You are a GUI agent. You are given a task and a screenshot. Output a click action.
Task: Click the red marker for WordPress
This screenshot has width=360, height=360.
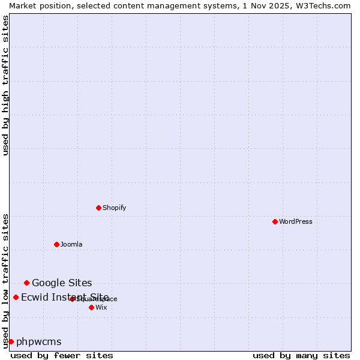(x=275, y=221)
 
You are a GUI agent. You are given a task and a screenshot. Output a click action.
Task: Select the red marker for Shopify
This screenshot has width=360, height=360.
(x=98, y=208)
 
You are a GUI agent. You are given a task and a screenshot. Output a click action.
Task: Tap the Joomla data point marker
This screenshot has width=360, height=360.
(x=56, y=244)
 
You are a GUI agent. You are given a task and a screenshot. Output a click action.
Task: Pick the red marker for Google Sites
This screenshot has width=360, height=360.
(x=26, y=283)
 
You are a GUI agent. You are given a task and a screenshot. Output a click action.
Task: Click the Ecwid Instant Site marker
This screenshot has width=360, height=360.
(x=16, y=297)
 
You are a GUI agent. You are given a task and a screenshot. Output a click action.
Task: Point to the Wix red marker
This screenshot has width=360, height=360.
(x=91, y=307)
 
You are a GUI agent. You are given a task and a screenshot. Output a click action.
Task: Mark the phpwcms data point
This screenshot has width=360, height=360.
(x=11, y=341)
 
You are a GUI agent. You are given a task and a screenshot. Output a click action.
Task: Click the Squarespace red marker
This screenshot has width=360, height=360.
(x=72, y=299)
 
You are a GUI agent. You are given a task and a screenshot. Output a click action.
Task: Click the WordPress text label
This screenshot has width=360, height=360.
(x=295, y=221)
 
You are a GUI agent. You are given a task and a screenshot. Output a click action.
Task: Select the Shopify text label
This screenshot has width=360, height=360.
(x=114, y=208)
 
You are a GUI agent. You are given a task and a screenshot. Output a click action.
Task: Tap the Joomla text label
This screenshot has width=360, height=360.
(x=71, y=244)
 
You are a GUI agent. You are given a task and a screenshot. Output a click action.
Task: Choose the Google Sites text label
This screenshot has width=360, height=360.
(x=62, y=283)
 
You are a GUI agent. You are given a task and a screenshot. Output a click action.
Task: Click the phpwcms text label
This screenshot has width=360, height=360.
(x=38, y=341)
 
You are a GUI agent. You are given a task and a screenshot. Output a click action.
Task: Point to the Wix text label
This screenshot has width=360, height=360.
(x=101, y=307)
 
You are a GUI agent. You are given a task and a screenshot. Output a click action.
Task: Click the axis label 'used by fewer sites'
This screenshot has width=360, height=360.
(x=62, y=355)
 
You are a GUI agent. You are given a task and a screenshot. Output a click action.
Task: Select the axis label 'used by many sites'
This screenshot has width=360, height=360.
(x=301, y=355)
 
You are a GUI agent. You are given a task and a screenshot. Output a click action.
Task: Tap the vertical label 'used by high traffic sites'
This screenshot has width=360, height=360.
(x=5, y=85)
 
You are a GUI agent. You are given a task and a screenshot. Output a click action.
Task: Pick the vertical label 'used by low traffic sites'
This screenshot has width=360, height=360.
(x=5, y=280)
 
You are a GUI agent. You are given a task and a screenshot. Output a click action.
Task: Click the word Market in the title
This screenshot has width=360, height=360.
(x=22, y=5)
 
